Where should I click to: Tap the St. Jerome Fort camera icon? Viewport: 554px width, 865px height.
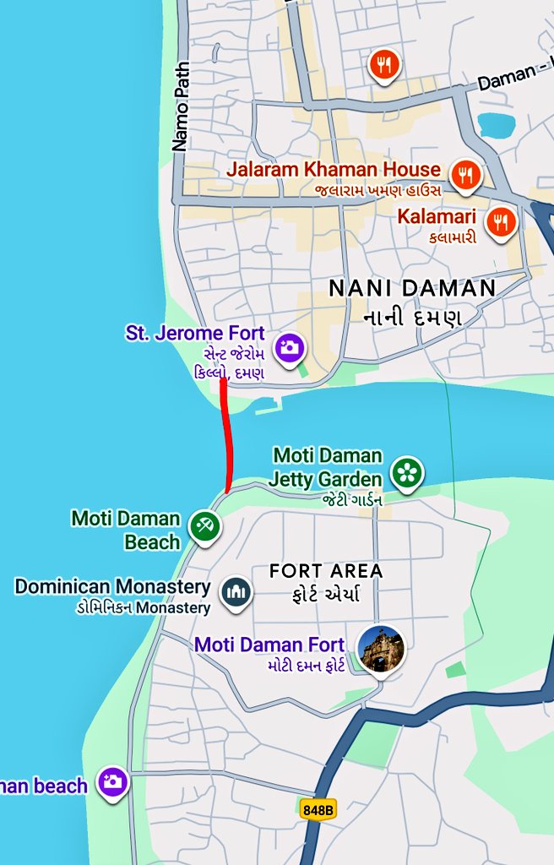290,346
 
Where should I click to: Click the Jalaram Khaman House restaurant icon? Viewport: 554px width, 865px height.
464,175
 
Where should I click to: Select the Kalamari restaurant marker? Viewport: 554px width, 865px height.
502,221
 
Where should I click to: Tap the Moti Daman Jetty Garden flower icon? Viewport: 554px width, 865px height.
408,472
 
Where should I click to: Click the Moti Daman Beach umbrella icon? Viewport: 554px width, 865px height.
204,526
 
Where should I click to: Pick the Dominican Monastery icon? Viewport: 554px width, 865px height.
236,594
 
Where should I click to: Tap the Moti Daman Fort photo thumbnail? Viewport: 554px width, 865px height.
380,650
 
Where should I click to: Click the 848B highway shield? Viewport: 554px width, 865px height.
318,809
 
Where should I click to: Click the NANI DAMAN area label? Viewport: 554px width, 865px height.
412,289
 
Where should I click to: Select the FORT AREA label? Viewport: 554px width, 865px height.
326,571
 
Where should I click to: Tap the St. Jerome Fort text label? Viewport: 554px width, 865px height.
195,334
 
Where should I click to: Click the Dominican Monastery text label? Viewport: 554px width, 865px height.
112,586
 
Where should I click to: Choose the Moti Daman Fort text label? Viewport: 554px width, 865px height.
269,645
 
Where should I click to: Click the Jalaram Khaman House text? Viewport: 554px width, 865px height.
333,169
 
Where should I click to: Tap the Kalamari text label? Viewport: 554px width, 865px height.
438,216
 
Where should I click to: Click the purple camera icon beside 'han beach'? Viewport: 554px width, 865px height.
112,783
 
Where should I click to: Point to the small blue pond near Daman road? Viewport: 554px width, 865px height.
496,124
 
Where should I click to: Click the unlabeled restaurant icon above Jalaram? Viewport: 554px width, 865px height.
383,65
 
